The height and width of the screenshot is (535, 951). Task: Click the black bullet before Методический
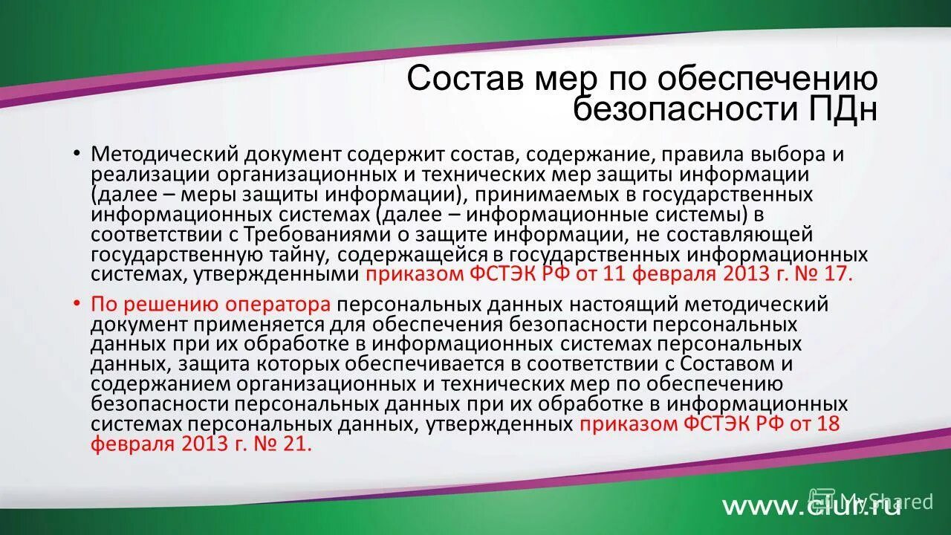point(77,154)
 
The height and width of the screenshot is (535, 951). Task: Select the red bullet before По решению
point(77,305)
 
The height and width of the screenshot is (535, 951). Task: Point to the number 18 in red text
point(828,425)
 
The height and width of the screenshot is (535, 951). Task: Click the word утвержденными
point(277,275)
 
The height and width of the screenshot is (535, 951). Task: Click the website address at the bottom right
point(811,506)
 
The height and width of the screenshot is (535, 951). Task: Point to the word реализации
point(151,175)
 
